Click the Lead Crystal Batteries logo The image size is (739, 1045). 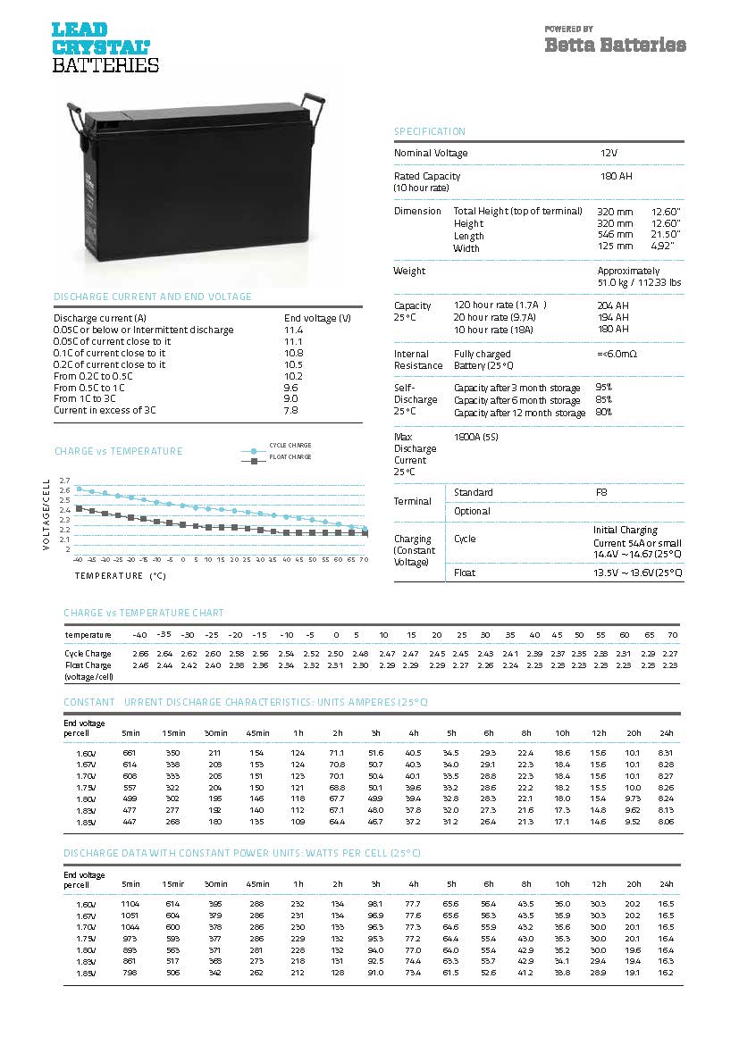(105, 47)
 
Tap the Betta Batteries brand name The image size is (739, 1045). (615, 45)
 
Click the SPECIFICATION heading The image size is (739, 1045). (430, 132)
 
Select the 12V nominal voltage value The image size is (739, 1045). (609, 154)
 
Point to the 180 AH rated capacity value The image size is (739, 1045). (616, 177)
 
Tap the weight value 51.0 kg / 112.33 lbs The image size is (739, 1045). (639, 282)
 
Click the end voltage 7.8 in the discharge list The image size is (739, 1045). (291, 411)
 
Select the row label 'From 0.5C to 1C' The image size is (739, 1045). (89, 388)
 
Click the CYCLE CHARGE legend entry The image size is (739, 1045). (290, 445)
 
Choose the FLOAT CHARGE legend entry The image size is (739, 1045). (290, 457)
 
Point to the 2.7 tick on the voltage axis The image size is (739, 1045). (64, 481)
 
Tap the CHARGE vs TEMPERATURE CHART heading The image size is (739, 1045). (144, 614)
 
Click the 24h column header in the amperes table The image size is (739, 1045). (666, 733)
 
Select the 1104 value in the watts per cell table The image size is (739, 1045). (130, 905)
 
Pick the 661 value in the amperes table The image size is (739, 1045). (129, 754)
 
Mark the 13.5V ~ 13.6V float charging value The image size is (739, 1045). (638, 573)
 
